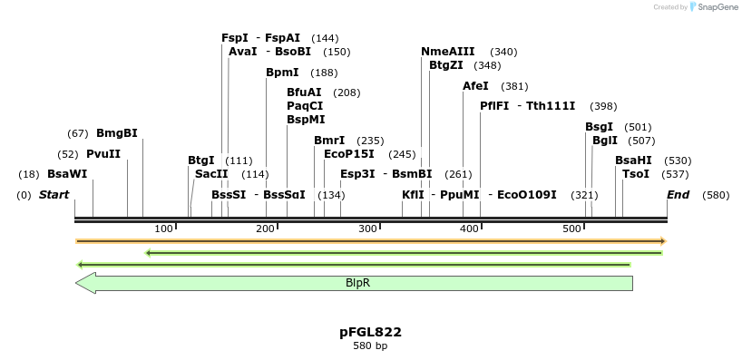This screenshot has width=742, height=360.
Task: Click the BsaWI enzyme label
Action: pos(67,174)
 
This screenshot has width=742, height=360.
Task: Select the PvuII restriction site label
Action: pos(103,154)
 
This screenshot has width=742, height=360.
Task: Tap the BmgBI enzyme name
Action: pos(117,133)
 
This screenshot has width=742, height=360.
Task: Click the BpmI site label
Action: pos(282,73)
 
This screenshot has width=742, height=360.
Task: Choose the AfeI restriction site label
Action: pos(475,86)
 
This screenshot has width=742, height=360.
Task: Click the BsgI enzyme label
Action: pos(599,127)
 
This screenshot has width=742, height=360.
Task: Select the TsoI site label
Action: pos(635,174)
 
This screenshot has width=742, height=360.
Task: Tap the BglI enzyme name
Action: pos(604,141)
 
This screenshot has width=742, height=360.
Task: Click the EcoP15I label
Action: pos(349,154)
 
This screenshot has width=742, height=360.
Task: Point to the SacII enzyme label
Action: pos(211,174)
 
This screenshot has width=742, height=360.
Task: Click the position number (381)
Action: pos(514,86)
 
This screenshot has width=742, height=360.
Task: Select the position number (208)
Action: pos(347,92)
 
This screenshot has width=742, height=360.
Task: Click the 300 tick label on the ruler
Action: pos(367,228)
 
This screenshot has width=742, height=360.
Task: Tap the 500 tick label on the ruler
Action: pos(571,228)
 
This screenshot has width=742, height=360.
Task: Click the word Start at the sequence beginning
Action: pos(54,195)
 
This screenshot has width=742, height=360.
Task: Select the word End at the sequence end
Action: pos(678,195)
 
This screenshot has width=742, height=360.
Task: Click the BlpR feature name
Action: pos(357,283)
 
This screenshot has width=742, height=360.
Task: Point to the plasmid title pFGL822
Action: pos(370,333)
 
